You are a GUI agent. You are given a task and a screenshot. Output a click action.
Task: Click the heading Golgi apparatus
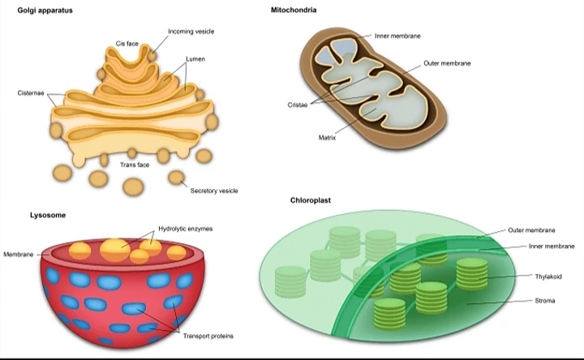(45, 11)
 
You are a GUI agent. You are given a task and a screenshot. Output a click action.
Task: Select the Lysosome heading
(48, 215)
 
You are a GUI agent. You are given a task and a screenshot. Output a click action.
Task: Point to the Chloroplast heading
(311, 199)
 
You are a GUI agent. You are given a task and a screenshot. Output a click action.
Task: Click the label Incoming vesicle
(191, 32)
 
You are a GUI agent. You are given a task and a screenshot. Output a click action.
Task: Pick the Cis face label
(127, 43)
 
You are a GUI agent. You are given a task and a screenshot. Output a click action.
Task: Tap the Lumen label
(195, 59)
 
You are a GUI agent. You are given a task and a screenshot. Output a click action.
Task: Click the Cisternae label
(31, 93)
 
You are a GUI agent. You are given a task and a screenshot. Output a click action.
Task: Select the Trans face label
(135, 165)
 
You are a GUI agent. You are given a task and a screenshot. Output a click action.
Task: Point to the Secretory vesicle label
(214, 191)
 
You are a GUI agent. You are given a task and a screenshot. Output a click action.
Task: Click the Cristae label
(297, 105)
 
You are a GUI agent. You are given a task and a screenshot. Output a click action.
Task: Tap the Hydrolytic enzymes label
(186, 229)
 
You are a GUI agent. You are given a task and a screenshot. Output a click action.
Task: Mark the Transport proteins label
(208, 336)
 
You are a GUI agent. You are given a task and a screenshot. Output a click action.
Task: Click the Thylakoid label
(548, 276)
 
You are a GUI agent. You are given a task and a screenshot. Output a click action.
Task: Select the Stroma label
(545, 302)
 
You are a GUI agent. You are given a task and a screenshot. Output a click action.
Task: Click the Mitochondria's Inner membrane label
(397, 36)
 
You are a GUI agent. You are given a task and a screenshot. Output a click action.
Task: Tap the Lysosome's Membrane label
(18, 255)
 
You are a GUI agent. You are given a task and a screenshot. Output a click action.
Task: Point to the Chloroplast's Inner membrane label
(552, 246)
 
